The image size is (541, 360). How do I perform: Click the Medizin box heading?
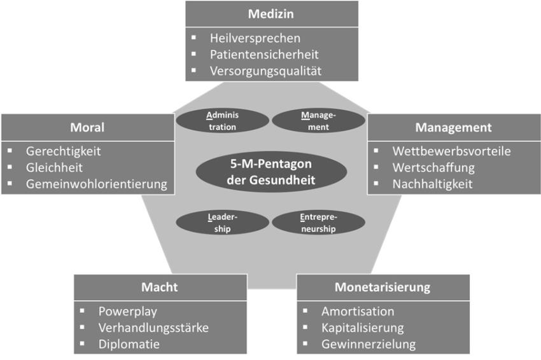[x=271, y=14]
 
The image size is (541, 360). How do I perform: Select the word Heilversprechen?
[x=255, y=38]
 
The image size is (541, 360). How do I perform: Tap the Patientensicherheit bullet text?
[x=264, y=55]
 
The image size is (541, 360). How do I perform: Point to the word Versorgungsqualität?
[x=265, y=71]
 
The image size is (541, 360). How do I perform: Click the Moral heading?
[x=87, y=127]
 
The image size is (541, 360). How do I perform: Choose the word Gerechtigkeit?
[x=63, y=151]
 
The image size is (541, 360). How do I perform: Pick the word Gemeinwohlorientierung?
[x=96, y=184]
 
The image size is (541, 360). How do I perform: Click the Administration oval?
[x=223, y=121]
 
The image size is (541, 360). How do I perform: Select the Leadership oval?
[x=223, y=223]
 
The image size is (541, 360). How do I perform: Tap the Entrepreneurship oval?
[x=318, y=223]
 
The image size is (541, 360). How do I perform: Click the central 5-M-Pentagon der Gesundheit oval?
[x=271, y=172]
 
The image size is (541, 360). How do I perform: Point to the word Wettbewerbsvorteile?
[x=451, y=151]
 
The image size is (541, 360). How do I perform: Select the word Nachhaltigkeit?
[x=432, y=184]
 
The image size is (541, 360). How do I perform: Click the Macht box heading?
[x=159, y=287]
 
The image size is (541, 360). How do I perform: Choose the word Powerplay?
[x=128, y=312]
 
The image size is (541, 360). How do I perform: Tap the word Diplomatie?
[x=129, y=344]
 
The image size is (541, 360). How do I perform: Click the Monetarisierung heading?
[x=383, y=287]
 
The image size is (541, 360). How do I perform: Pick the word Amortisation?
[x=358, y=312]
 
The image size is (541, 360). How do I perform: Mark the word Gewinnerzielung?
[x=369, y=344]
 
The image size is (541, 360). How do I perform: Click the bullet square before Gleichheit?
[x=10, y=167]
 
